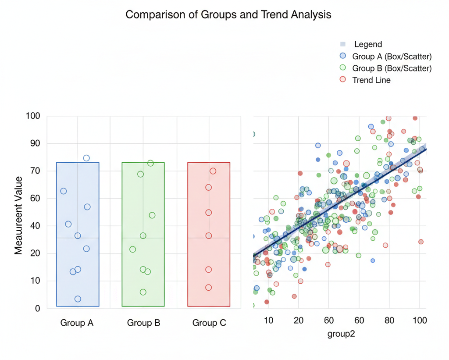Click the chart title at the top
click(228, 15)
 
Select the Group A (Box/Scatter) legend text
click(392, 56)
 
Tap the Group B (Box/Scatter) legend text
click(392, 68)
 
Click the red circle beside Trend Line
click(343, 79)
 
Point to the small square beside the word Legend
click(343, 44)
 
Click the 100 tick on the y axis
click(32, 116)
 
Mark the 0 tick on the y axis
click(37, 308)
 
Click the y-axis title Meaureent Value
click(18, 215)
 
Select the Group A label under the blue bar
click(77, 323)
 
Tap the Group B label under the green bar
click(143, 323)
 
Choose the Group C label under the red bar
click(209, 323)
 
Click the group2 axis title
click(341, 334)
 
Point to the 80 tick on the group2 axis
click(389, 320)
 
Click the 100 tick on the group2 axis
click(420, 320)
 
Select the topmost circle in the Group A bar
click(86, 158)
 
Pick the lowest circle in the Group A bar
click(78, 299)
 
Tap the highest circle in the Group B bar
click(150, 163)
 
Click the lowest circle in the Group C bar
click(209, 288)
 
